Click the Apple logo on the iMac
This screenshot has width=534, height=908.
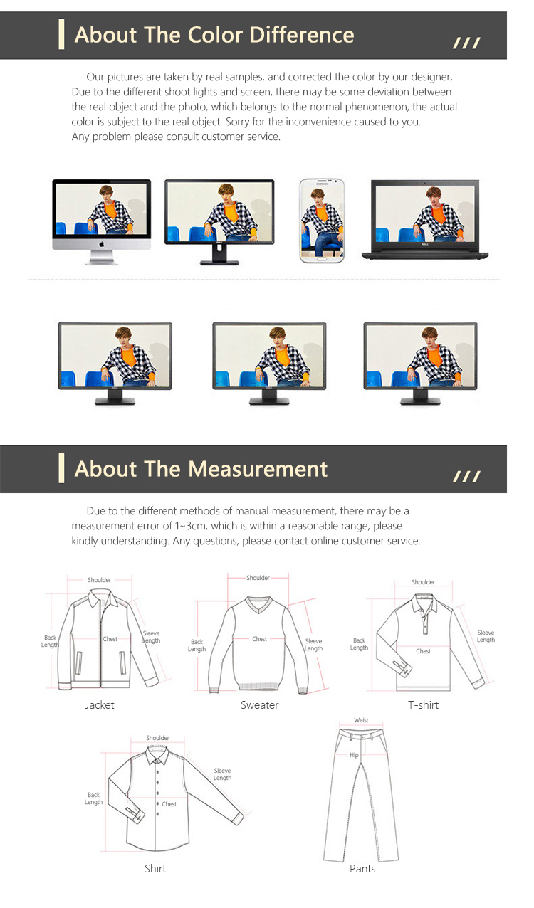click(102, 243)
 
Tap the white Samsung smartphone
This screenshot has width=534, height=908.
click(322, 221)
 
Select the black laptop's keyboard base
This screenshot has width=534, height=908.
click(425, 255)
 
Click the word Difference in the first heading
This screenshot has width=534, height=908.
click(302, 35)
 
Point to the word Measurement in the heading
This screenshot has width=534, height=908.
click(258, 469)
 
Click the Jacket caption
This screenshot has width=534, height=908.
click(100, 705)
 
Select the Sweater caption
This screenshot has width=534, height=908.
click(259, 705)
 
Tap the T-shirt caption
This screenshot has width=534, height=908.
click(424, 705)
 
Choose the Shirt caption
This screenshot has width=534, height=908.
click(155, 869)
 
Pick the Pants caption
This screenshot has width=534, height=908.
click(362, 869)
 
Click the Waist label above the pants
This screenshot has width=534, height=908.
click(361, 720)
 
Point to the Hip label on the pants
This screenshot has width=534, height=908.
click(354, 755)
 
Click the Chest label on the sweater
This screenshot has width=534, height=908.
click(259, 639)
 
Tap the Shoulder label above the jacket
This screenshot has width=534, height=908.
click(100, 580)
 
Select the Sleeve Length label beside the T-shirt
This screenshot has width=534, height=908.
click(486, 636)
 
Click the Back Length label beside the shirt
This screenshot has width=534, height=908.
click(94, 798)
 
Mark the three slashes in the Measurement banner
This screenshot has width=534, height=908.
click(466, 477)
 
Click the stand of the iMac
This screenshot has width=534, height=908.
click(101, 257)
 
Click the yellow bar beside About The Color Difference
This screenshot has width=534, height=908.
click(61, 34)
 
